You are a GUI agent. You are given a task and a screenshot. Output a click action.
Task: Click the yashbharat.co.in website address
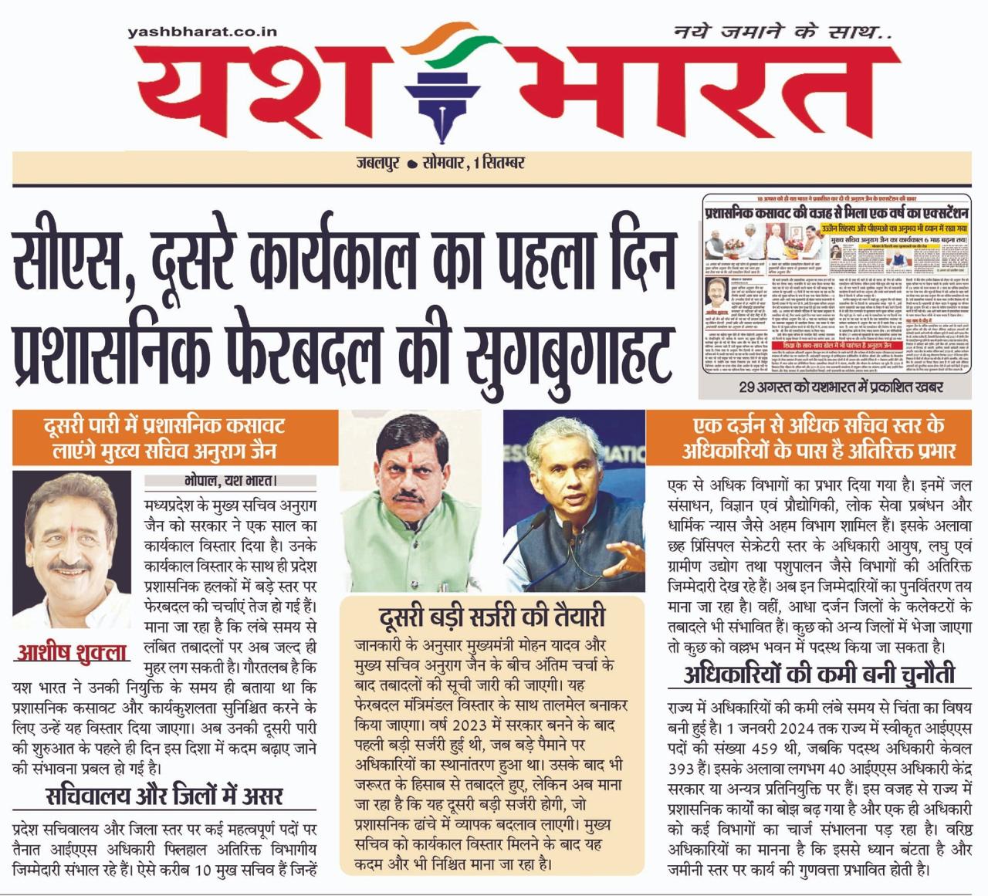point(201,32)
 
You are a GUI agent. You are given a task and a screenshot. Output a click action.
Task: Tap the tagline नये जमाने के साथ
point(782,32)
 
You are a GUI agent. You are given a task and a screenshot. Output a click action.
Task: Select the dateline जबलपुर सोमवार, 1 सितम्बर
point(440,163)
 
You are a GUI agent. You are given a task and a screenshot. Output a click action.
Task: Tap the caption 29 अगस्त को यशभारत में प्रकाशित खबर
point(840,386)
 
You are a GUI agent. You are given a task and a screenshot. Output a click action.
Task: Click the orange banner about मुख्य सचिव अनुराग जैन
point(175,438)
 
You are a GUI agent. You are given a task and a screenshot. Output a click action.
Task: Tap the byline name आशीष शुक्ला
point(72,652)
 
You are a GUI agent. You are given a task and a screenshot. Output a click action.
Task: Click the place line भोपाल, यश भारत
point(231,481)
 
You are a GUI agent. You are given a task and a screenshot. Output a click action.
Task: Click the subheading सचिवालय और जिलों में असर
point(164,795)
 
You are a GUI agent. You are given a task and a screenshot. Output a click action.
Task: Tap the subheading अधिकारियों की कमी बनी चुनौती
point(819,675)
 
